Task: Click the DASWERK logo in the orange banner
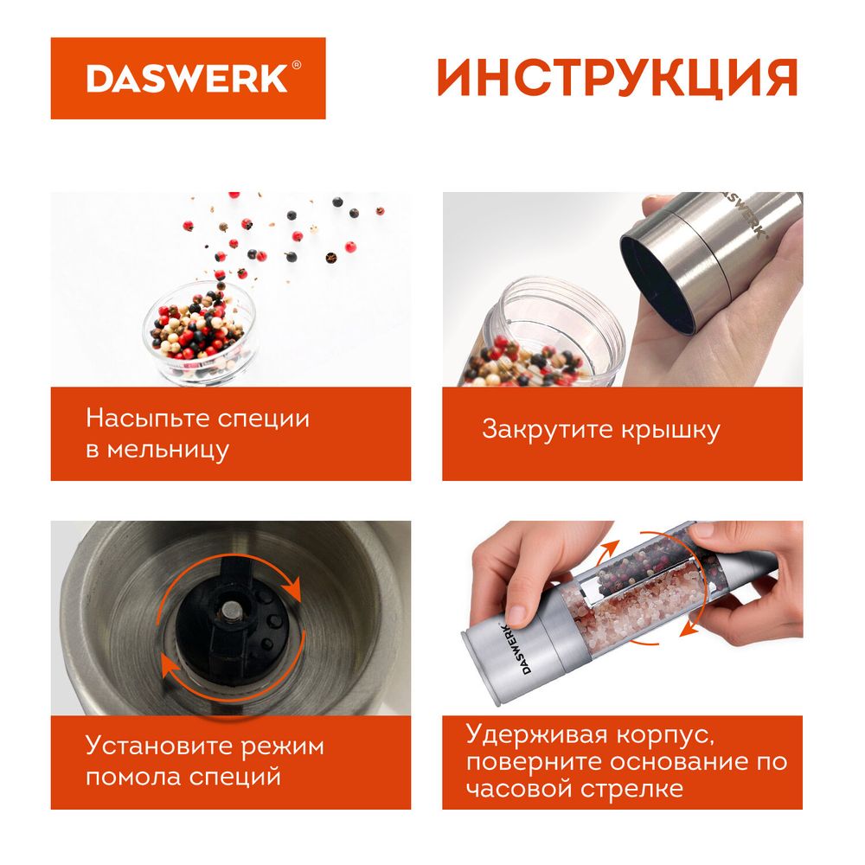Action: (x=187, y=79)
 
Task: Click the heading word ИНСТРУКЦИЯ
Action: (x=617, y=79)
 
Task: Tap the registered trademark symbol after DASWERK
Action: (x=296, y=65)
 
